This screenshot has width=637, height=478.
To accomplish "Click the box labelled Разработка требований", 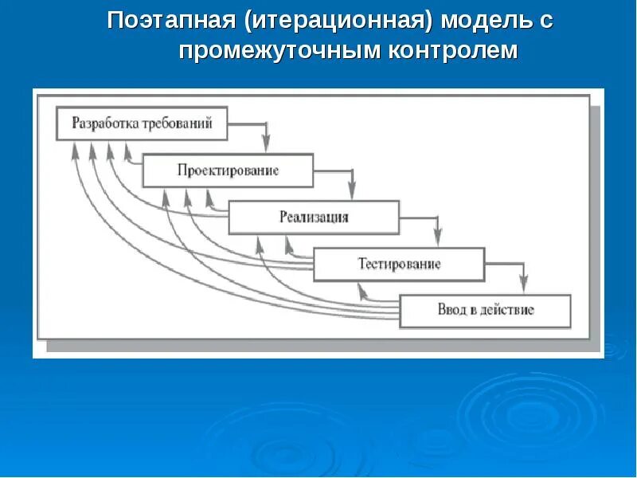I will point(142,123).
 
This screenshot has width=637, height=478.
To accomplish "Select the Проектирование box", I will point(228,170).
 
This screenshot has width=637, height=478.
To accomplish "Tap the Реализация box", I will point(314,217).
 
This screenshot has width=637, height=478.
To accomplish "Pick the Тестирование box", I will point(399,264).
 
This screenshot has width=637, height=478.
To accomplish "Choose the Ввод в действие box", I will point(485,310).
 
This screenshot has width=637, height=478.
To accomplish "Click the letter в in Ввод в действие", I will point(472,310).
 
